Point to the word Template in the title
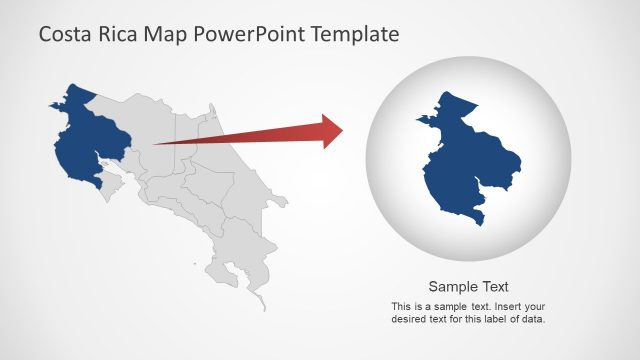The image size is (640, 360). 355,35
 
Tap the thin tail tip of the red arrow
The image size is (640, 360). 157,144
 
